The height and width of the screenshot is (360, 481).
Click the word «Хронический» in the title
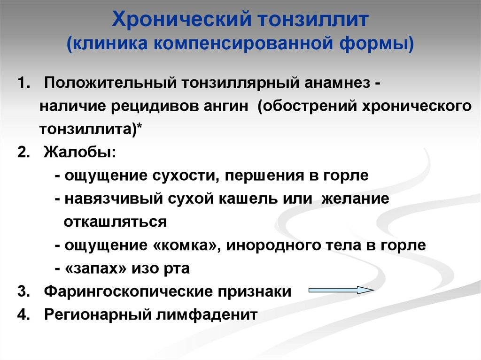pos(181,20)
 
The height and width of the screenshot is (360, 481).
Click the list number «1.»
pos(24,83)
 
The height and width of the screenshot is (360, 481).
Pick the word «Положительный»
pos(110,83)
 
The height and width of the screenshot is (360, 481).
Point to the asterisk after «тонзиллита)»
pos(140,126)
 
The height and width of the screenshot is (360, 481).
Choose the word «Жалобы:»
pos(80,152)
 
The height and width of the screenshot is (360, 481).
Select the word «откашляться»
pos(116,222)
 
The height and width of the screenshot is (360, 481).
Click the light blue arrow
pos(341,290)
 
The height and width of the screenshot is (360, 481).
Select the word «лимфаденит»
pos(207,314)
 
